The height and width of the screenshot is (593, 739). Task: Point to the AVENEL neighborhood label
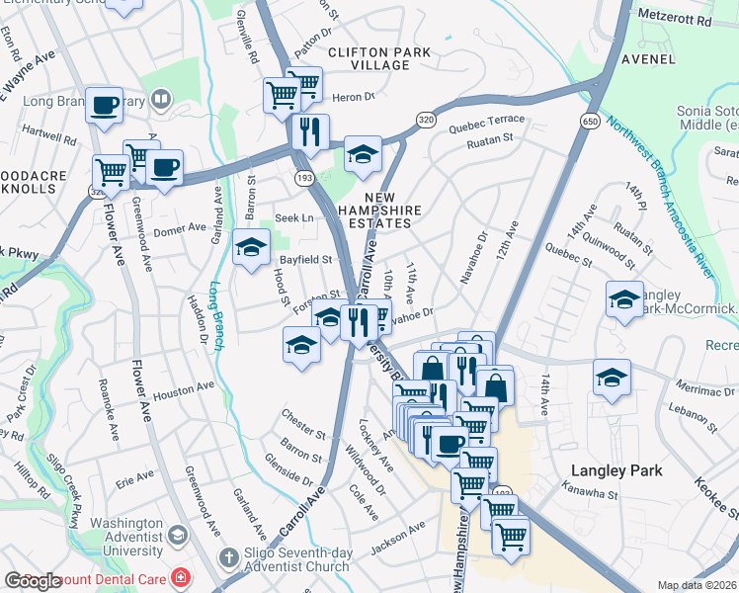[648, 59]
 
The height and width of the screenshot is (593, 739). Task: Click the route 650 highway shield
[590, 121]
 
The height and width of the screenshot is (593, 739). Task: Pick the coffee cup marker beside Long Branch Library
[104, 105]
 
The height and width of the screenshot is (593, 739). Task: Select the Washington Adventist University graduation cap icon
[177, 536]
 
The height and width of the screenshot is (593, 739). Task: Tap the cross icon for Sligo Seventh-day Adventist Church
[229, 558]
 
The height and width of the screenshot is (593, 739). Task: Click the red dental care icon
[181, 576]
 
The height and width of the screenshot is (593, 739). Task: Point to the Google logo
[33, 581]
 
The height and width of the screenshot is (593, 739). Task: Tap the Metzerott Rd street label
[675, 20]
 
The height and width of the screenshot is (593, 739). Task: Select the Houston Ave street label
[184, 389]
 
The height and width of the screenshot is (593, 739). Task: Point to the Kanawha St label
[589, 493]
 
